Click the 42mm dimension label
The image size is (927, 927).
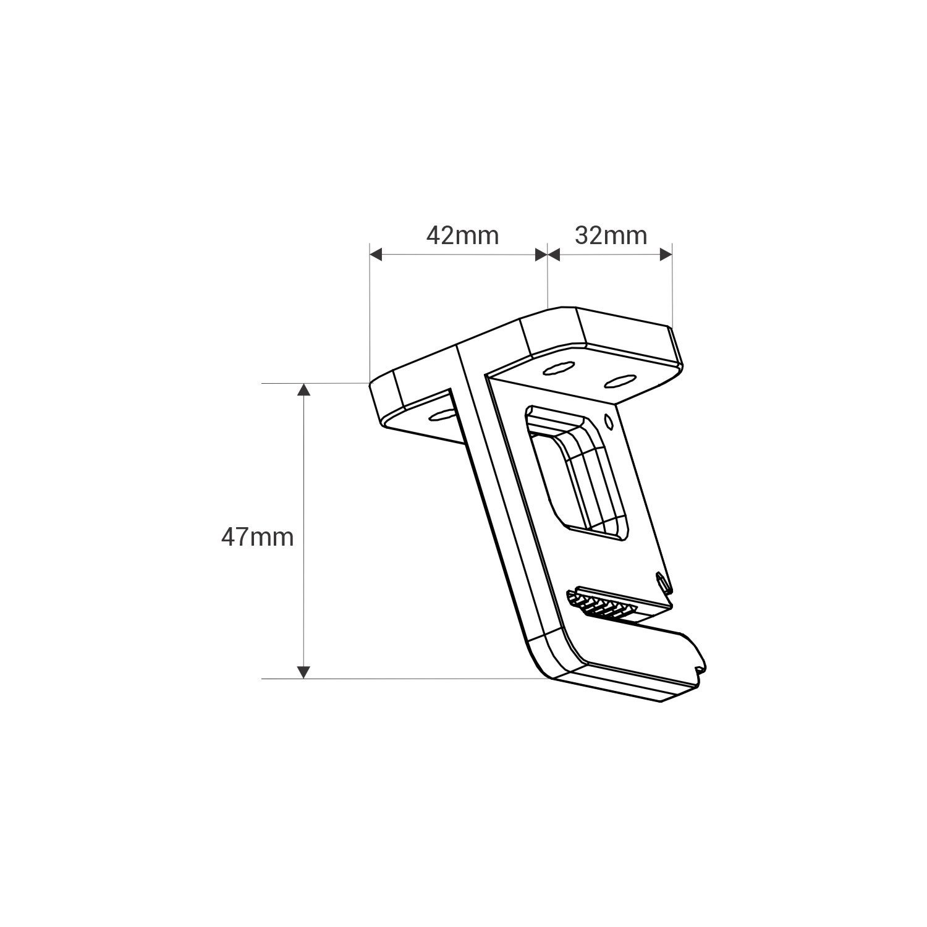[462, 235]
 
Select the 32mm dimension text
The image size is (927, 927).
[611, 235]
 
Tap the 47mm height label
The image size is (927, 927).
[257, 537]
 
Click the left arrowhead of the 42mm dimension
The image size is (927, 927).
[377, 254]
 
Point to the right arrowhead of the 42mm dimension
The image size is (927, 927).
[541, 254]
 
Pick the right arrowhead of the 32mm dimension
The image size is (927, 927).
[666, 254]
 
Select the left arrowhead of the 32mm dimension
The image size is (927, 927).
[554, 254]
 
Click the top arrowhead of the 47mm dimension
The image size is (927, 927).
[303, 389]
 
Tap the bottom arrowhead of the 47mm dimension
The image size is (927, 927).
[303, 672]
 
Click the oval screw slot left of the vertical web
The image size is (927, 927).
[440, 415]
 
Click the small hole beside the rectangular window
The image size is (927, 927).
[609, 422]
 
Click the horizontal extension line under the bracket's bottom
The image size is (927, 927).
[402, 679]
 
